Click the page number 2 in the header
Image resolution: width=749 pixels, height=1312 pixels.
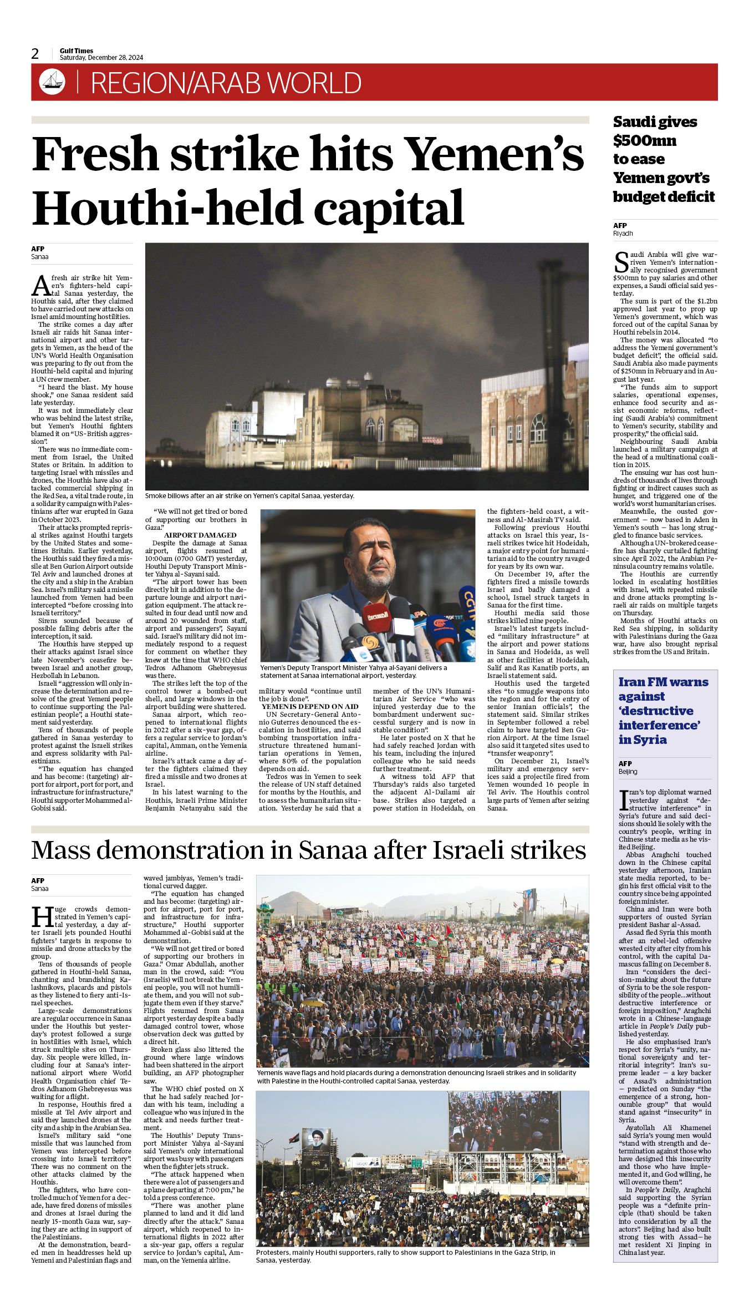pyautogui.click(x=35, y=54)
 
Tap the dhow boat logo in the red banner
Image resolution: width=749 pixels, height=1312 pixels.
pyautogui.click(x=52, y=82)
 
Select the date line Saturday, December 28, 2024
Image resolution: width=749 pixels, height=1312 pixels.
pyautogui.click(x=101, y=58)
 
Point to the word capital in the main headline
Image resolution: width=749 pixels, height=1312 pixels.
pyautogui.click(x=389, y=208)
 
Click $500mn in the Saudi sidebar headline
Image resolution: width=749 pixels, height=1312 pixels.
pyautogui.click(x=644, y=140)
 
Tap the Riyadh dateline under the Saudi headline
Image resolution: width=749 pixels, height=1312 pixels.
pyautogui.click(x=623, y=234)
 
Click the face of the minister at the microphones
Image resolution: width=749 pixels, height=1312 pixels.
pyautogui.click(x=369, y=555)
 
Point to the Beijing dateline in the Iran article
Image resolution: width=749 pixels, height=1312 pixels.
pyautogui.click(x=628, y=771)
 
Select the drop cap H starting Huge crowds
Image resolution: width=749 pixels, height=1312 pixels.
pyautogui.click(x=42, y=917)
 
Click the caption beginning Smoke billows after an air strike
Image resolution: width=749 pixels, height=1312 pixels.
pyautogui.click(x=249, y=495)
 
